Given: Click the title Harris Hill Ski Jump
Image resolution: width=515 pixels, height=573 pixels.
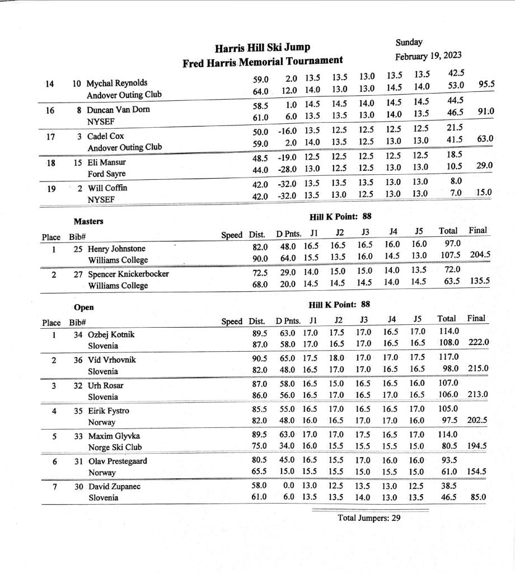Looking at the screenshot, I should pos(263,48).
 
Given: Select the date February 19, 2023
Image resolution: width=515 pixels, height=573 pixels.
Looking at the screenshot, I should pos(428,56).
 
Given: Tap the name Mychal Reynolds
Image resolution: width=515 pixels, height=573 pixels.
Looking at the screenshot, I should pos(117,83).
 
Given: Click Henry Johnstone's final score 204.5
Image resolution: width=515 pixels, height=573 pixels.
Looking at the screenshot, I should pos(480,255).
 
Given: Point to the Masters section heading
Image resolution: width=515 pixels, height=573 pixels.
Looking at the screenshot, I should pos(88,221).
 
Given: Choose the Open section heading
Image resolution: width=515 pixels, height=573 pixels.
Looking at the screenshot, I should pos(84,307).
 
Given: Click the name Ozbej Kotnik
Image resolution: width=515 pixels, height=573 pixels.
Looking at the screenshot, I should pos(111,335).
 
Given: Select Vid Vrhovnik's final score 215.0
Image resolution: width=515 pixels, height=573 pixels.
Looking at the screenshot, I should pos(478,369).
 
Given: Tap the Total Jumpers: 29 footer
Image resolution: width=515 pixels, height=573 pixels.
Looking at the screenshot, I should pos(369,518).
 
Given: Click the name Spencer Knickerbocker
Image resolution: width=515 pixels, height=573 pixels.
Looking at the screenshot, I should pos(128,274).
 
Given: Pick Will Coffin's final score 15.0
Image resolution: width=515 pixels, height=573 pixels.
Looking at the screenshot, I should pos(484,193).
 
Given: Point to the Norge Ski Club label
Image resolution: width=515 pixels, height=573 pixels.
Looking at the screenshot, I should pos(115,448).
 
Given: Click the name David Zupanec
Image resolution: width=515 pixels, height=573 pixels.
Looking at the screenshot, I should pos(114,486).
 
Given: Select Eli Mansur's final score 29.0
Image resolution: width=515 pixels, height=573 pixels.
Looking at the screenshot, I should pos(484,166).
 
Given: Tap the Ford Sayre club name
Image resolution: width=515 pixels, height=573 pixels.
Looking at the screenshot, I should pos(106,174).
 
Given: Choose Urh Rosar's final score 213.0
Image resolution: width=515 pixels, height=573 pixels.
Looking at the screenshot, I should pos(478,394).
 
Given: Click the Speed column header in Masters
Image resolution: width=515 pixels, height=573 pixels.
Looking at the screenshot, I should pos(232,235).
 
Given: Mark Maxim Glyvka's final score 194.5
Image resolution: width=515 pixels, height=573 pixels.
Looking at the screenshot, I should pos(477,446).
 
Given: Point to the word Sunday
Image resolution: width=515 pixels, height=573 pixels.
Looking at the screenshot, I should pos(409,43).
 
